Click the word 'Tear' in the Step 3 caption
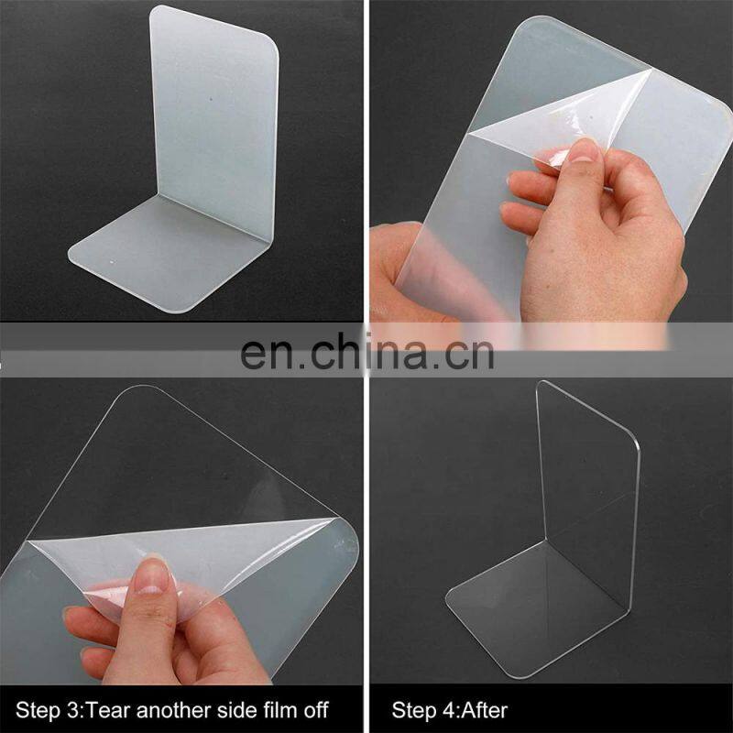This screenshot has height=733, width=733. coord(108,710)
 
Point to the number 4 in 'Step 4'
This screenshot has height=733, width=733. coord(450,711)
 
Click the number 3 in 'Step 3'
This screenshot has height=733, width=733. coord(73,711)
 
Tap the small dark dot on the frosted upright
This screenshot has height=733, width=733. coord(212,99)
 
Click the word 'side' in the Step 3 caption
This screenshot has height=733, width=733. coord(238,710)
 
